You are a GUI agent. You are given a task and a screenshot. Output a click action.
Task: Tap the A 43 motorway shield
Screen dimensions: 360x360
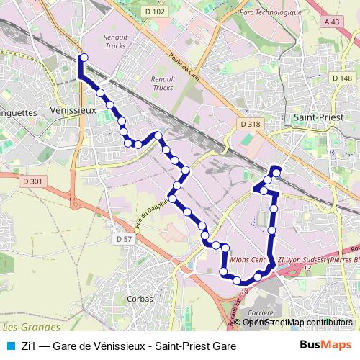332,22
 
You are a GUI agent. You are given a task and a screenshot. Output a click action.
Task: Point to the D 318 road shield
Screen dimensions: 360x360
251,124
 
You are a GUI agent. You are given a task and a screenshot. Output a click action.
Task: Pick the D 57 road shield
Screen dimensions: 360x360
124,238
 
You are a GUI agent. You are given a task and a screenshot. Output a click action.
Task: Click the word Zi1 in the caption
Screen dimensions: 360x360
30,346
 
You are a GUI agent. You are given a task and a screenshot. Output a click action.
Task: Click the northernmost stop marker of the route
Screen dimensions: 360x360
84,58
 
